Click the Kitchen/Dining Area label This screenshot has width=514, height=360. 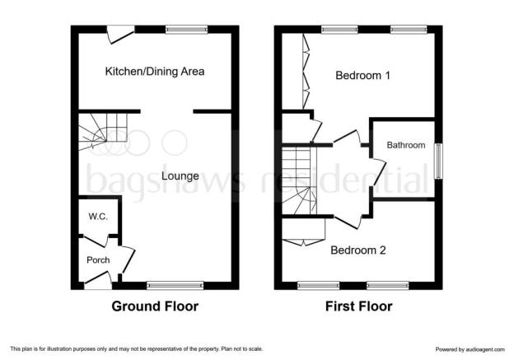155,71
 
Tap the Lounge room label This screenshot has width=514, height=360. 180,176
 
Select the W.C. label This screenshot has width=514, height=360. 98,217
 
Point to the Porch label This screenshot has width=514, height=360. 98,260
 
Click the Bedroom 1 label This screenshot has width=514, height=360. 362,76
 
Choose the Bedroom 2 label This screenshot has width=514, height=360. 358,250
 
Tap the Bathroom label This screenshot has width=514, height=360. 406,145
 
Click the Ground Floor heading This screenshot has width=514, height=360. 155,306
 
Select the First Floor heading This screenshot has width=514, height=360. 358,306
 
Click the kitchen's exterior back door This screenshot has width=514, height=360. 120,35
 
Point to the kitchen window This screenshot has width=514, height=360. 186,30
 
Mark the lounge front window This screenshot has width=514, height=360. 175,285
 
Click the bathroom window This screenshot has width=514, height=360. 438,161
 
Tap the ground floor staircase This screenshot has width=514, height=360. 103,132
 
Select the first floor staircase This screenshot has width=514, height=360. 300,180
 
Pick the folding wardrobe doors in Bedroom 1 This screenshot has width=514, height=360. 306,71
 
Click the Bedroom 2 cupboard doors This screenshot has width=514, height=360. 304,241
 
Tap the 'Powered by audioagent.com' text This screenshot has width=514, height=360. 470,349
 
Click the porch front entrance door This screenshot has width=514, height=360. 97,277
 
